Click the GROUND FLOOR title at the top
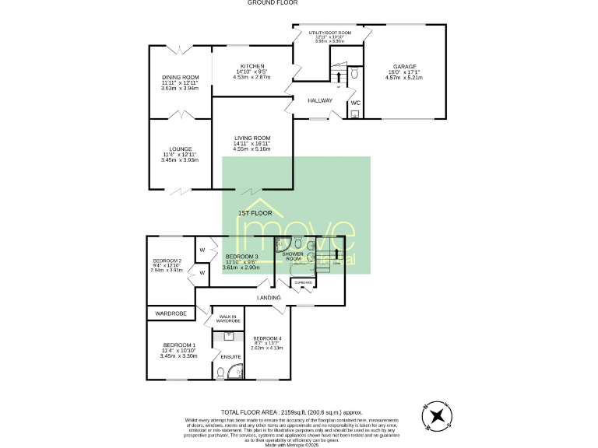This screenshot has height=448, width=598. (x=269, y=3)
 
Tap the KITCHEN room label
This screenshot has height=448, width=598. (x=252, y=66)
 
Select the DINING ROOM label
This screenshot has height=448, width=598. (x=180, y=77)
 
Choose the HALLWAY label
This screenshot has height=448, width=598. (x=319, y=100)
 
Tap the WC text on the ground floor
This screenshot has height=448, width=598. (x=355, y=103)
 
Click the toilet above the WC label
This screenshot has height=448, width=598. (x=354, y=74)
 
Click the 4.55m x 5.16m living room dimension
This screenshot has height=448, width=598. (x=252, y=148)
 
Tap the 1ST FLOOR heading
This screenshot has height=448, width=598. (x=255, y=212)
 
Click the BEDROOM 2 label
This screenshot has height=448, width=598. (x=167, y=261)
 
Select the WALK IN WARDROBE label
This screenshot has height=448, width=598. (x=229, y=319)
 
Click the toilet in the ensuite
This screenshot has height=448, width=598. (x=220, y=373)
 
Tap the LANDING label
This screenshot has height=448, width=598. (x=269, y=297)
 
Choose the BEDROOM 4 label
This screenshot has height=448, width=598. (x=267, y=338)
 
